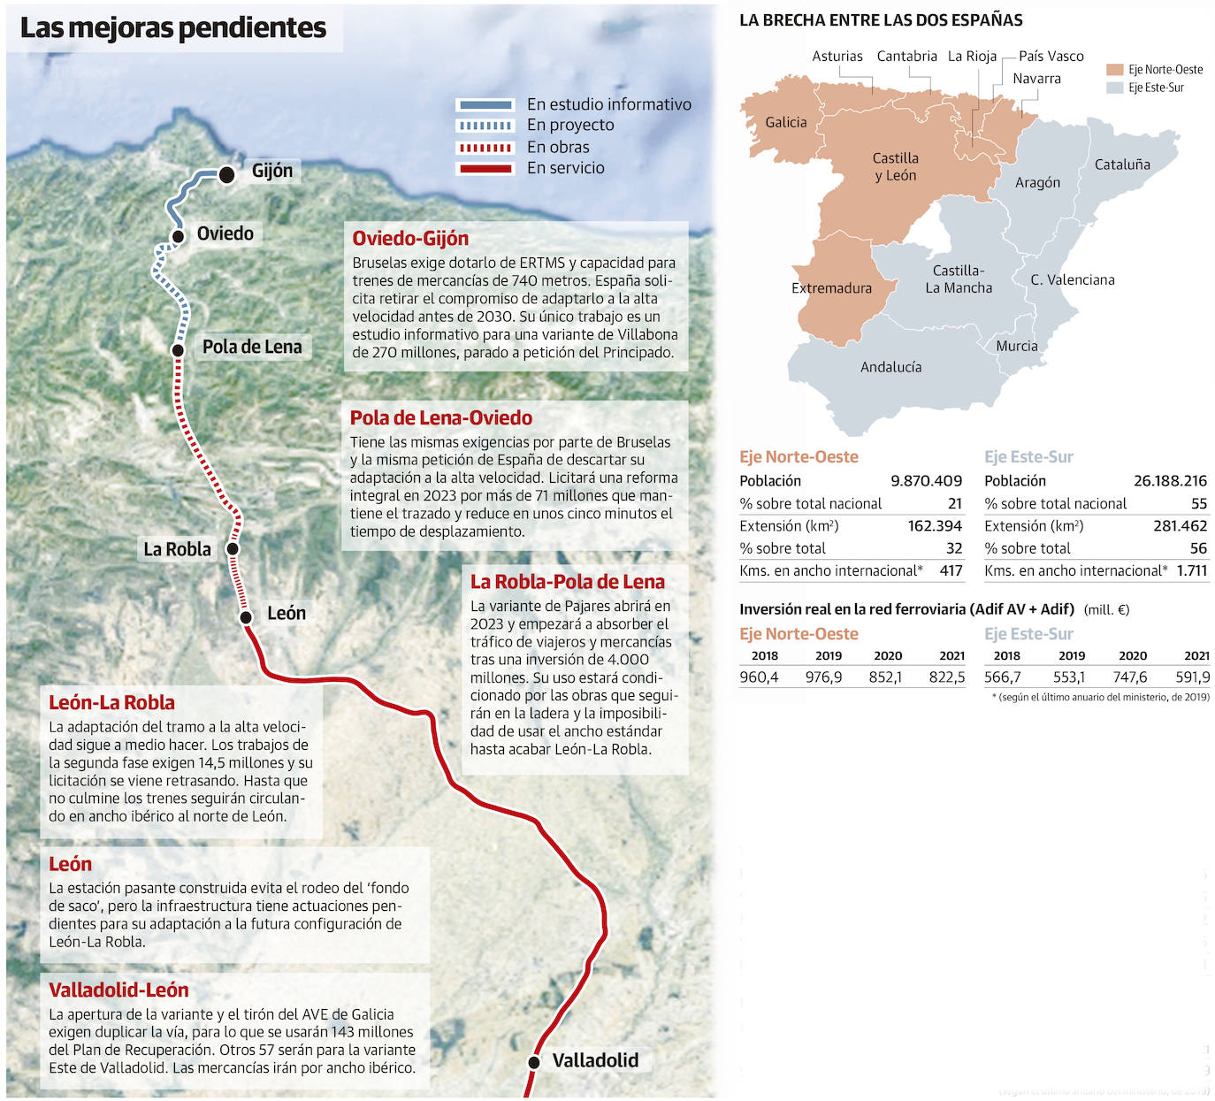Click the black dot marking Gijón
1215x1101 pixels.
click(226, 174)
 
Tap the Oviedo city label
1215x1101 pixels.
click(225, 233)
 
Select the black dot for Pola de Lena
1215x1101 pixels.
click(178, 350)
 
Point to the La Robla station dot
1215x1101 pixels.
click(233, 549)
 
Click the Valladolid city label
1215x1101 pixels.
click(594, 1059)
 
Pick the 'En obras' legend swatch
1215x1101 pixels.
click(484, 148)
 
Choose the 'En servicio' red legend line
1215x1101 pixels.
click(484, 168)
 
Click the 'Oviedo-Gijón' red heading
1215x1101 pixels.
click(410, 238)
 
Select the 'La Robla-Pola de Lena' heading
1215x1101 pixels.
click(567, 582)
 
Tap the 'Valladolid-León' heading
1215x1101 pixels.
click(118, 990)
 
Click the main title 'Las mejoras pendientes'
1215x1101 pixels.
click(173, 27)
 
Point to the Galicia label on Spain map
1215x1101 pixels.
click(785, 122)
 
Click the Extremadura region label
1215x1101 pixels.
click(831, 287)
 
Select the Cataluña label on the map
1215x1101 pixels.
click(1122, 164)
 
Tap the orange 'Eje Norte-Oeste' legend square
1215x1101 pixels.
click(1114, 69)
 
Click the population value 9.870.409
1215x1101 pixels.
click(926, 481)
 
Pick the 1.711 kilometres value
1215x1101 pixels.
click(1191, 570)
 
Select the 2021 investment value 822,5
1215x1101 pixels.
click(947, 677)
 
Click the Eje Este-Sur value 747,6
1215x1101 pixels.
click(1130, 677)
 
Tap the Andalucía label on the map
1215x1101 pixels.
click(890, 367)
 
